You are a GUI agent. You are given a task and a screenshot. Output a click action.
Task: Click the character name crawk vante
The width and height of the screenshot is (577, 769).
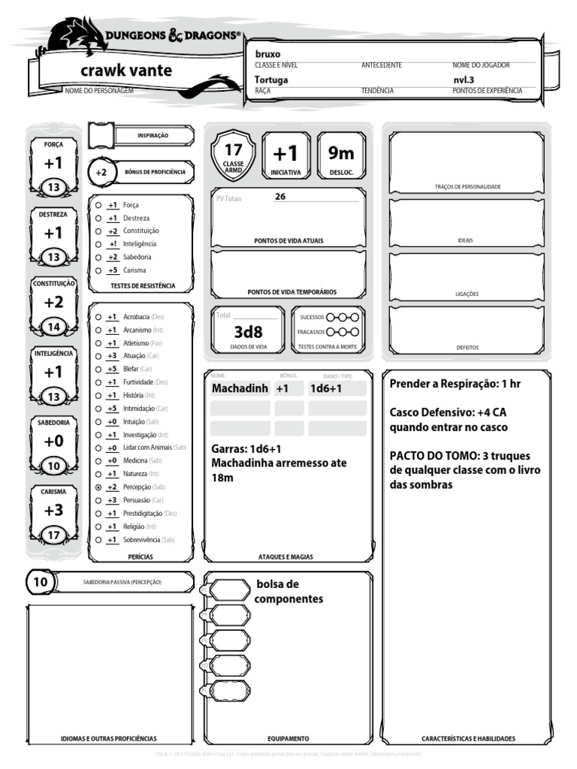coord(125,71)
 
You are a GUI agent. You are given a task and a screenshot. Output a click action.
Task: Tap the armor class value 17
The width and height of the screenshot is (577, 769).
coord(233,149)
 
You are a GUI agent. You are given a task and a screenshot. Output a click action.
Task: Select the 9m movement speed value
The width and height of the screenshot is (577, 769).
coord(340,153)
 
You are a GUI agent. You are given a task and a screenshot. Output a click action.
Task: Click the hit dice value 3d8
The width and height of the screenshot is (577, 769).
coord(248,331)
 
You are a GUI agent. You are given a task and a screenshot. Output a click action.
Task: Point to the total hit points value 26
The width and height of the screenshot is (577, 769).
coord(280,197)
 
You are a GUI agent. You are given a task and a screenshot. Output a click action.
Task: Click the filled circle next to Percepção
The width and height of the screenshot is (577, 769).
coord(98,487)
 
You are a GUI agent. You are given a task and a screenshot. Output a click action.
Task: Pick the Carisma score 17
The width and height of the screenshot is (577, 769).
coord(53,535)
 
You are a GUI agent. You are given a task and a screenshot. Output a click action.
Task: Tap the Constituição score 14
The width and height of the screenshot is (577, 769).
coord(53,327)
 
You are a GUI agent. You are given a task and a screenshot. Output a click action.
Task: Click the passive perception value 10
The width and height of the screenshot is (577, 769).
coord(41,581)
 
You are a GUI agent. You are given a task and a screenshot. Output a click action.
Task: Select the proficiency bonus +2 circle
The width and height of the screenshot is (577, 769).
coord(101,172)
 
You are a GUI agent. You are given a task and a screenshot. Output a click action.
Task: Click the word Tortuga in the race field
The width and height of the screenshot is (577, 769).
coord(271,79)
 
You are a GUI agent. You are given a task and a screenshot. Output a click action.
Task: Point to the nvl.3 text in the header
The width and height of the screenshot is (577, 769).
coord(464,79)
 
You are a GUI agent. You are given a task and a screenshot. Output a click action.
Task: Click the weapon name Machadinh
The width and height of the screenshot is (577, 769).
coord(240,388)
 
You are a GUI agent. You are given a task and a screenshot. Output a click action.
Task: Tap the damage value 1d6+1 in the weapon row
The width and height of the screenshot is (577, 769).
coord(326,388)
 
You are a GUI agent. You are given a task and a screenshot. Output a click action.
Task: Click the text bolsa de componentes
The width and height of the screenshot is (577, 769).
coord(288,591)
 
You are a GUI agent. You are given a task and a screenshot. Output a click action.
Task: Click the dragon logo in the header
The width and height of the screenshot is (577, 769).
coord(74,35)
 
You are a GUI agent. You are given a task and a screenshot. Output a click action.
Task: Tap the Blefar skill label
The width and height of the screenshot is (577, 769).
coord(131,369)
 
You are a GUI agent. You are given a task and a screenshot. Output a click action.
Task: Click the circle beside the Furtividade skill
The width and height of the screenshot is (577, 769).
coord(98,382)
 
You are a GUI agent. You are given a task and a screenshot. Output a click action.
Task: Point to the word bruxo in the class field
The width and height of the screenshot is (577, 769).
coord(267,54)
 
